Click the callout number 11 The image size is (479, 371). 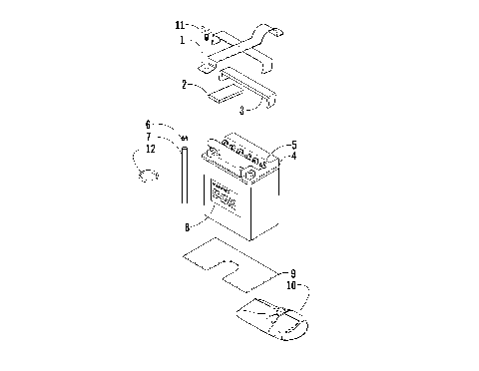(181, 23)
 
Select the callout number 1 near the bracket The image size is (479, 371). (183, 41)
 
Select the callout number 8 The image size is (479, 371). (187, 226)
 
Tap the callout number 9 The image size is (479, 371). (292, 272)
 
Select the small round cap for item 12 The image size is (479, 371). (150, 177)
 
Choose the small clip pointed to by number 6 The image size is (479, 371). (186, 138)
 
